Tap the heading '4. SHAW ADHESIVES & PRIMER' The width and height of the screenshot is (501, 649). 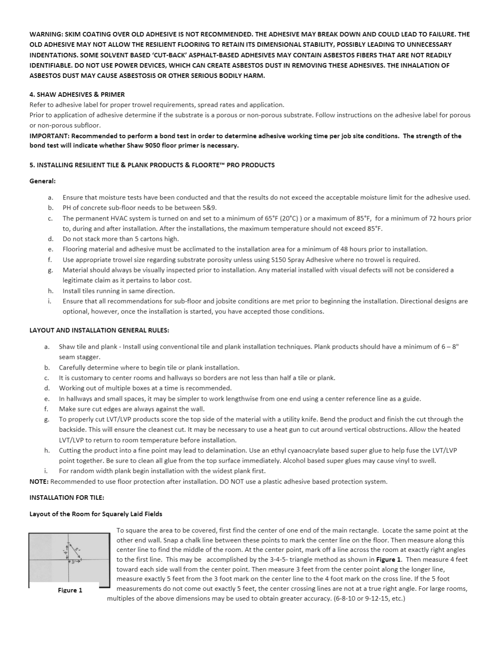point(77,95)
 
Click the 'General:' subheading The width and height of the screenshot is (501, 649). point(43,181)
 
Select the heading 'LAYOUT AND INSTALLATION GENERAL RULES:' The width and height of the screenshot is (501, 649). point(99,330)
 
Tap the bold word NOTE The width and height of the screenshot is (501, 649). point(39,481)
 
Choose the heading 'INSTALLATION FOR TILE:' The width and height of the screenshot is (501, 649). point(67,497)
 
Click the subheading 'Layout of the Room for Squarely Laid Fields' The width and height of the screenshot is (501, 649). point(96,514)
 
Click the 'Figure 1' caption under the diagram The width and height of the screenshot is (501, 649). point(70,590)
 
